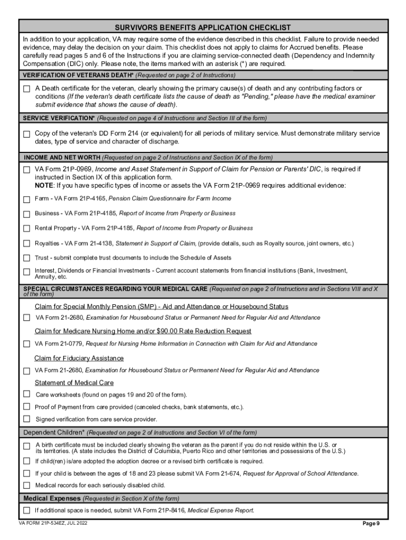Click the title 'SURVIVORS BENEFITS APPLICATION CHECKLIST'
click(203, 27)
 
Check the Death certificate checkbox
click(27, 89)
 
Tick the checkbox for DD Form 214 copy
click(27, 134)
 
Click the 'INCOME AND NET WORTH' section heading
click(62, 157)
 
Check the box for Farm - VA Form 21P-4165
click(27, 200)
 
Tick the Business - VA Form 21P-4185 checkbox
click(27, 214)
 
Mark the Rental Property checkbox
click(27, 229)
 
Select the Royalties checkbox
click(27, 244)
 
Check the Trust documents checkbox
click(27, 258)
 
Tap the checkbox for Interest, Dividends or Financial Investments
click(27, 272)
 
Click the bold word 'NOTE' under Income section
click(44, 186)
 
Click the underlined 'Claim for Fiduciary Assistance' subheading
click(79, 359)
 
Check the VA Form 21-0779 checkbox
click(27, 344)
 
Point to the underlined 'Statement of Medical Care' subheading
click(74, 383)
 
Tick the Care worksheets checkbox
click(27, 394)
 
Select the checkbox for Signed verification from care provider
click(27, 419)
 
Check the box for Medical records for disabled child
click(27, 485)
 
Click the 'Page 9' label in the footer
click(371, 524)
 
